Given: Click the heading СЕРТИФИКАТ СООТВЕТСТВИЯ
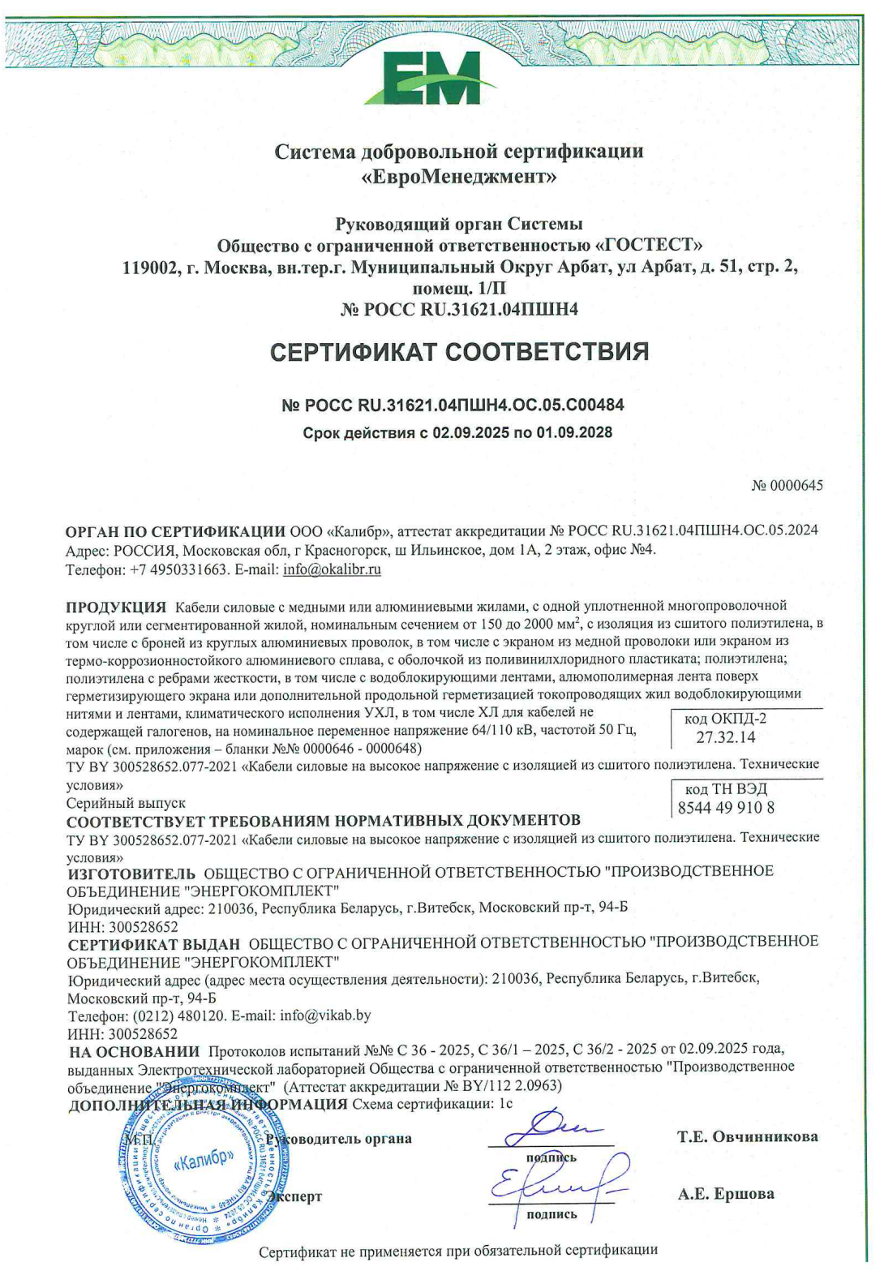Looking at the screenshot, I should (459, 352).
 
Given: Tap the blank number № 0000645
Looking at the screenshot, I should (787, 486).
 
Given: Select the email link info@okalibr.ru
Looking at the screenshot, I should (332, 569).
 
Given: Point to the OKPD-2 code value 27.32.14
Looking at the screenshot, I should (725, 737).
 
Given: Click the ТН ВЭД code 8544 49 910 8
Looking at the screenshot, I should (726, 808).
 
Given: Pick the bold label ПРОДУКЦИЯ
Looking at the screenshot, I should (116, 607).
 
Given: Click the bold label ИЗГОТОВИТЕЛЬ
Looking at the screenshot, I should (131, 874).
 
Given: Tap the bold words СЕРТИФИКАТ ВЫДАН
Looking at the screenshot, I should (154, 944).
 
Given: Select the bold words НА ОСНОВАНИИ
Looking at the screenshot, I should (134, 1052).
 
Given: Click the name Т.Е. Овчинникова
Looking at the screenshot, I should (748, 1137).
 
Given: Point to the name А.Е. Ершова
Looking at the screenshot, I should (726, 1194).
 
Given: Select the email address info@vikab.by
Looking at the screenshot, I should (325, 1016).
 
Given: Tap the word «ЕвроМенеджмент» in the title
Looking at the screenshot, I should (459, 175).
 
